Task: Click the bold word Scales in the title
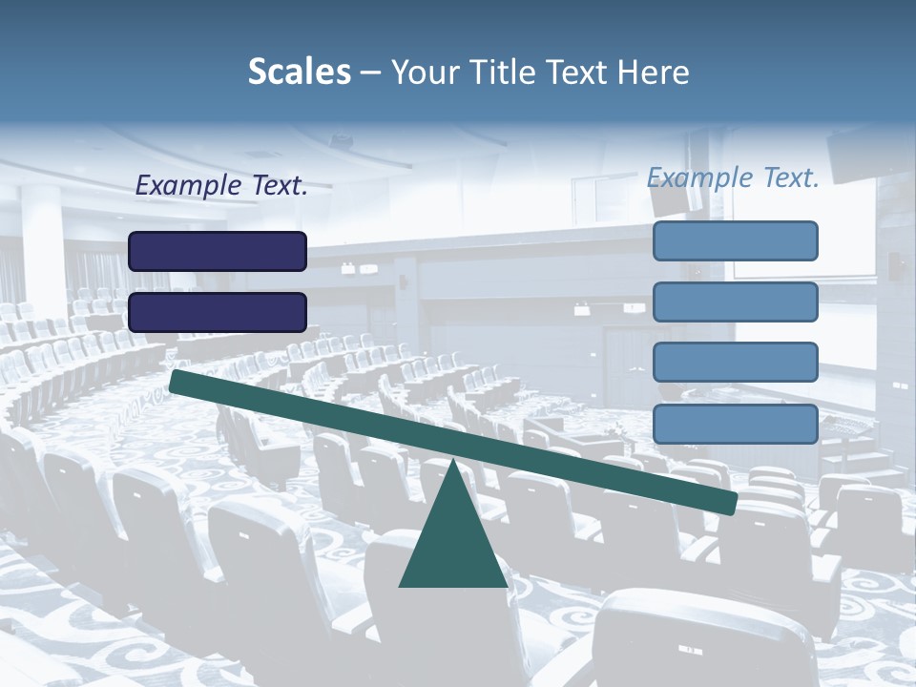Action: point(299,73)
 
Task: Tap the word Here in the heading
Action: point(654,73)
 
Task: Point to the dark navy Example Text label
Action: point(221,186)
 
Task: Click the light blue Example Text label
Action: point(733,177)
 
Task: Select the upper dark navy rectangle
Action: point(218,251)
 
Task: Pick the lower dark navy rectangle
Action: point(218,312)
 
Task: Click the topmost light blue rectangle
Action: point(735,240)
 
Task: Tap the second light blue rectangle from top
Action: point(735,302)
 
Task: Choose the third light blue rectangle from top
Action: point(735,363)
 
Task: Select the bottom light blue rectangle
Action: point(735,424)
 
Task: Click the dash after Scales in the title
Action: point(371,73)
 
